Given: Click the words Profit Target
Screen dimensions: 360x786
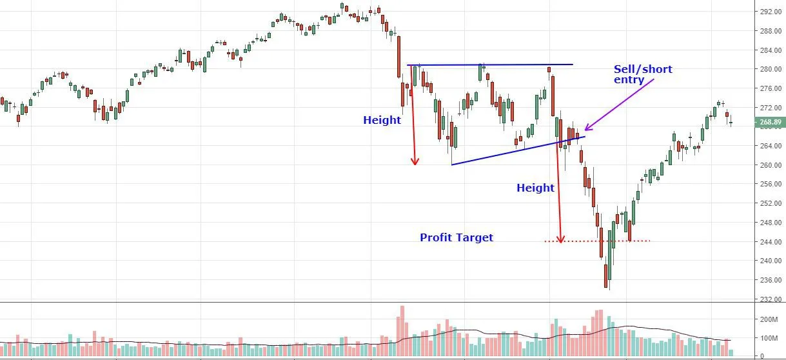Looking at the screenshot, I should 457,237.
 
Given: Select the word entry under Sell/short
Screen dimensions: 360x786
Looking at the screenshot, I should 629,80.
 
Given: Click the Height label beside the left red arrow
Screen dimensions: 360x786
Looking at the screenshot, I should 382,120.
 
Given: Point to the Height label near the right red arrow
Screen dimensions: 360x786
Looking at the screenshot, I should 535,188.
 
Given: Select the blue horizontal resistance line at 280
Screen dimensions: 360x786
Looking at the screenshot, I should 490,65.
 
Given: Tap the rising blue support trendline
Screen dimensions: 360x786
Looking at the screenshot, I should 516,150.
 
